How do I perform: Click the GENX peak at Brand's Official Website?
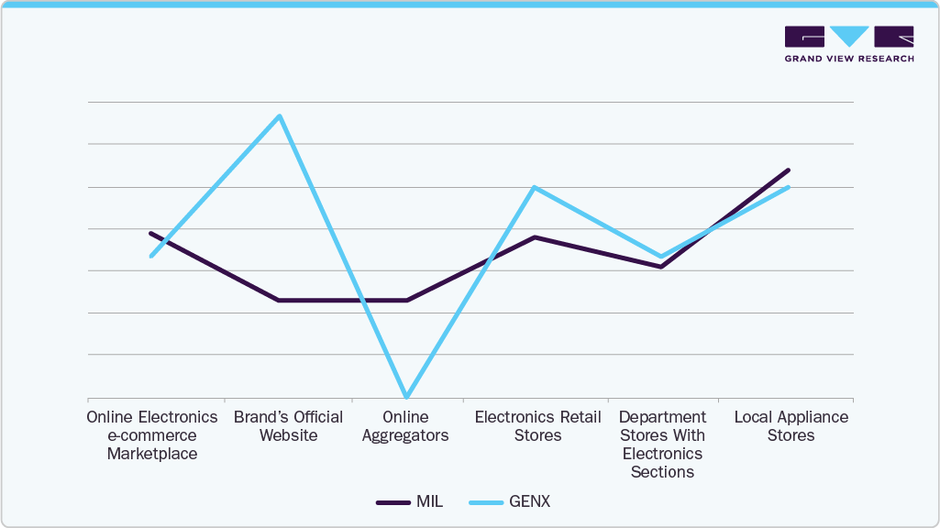coord(280,115)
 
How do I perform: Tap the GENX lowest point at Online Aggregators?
coord(406,396)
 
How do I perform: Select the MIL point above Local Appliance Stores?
coord(789,170)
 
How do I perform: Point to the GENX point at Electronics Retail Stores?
coord(534,188)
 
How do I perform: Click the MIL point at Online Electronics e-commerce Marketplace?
coord(150,234)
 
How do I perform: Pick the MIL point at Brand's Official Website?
coord(279,300)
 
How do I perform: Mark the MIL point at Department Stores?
coord(661,267)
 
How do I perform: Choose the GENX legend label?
coord(531,501)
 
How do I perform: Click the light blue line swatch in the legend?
coord(486,502)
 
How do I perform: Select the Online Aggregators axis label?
coord(405,426)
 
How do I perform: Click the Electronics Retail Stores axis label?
coord(537,426)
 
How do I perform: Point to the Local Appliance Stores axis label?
coord(791,426)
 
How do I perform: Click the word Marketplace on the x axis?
coord(151,454)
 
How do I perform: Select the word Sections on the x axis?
coord(662,472)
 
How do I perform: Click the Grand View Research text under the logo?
coord(849,59)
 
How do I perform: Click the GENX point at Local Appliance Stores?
coord(789,187)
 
